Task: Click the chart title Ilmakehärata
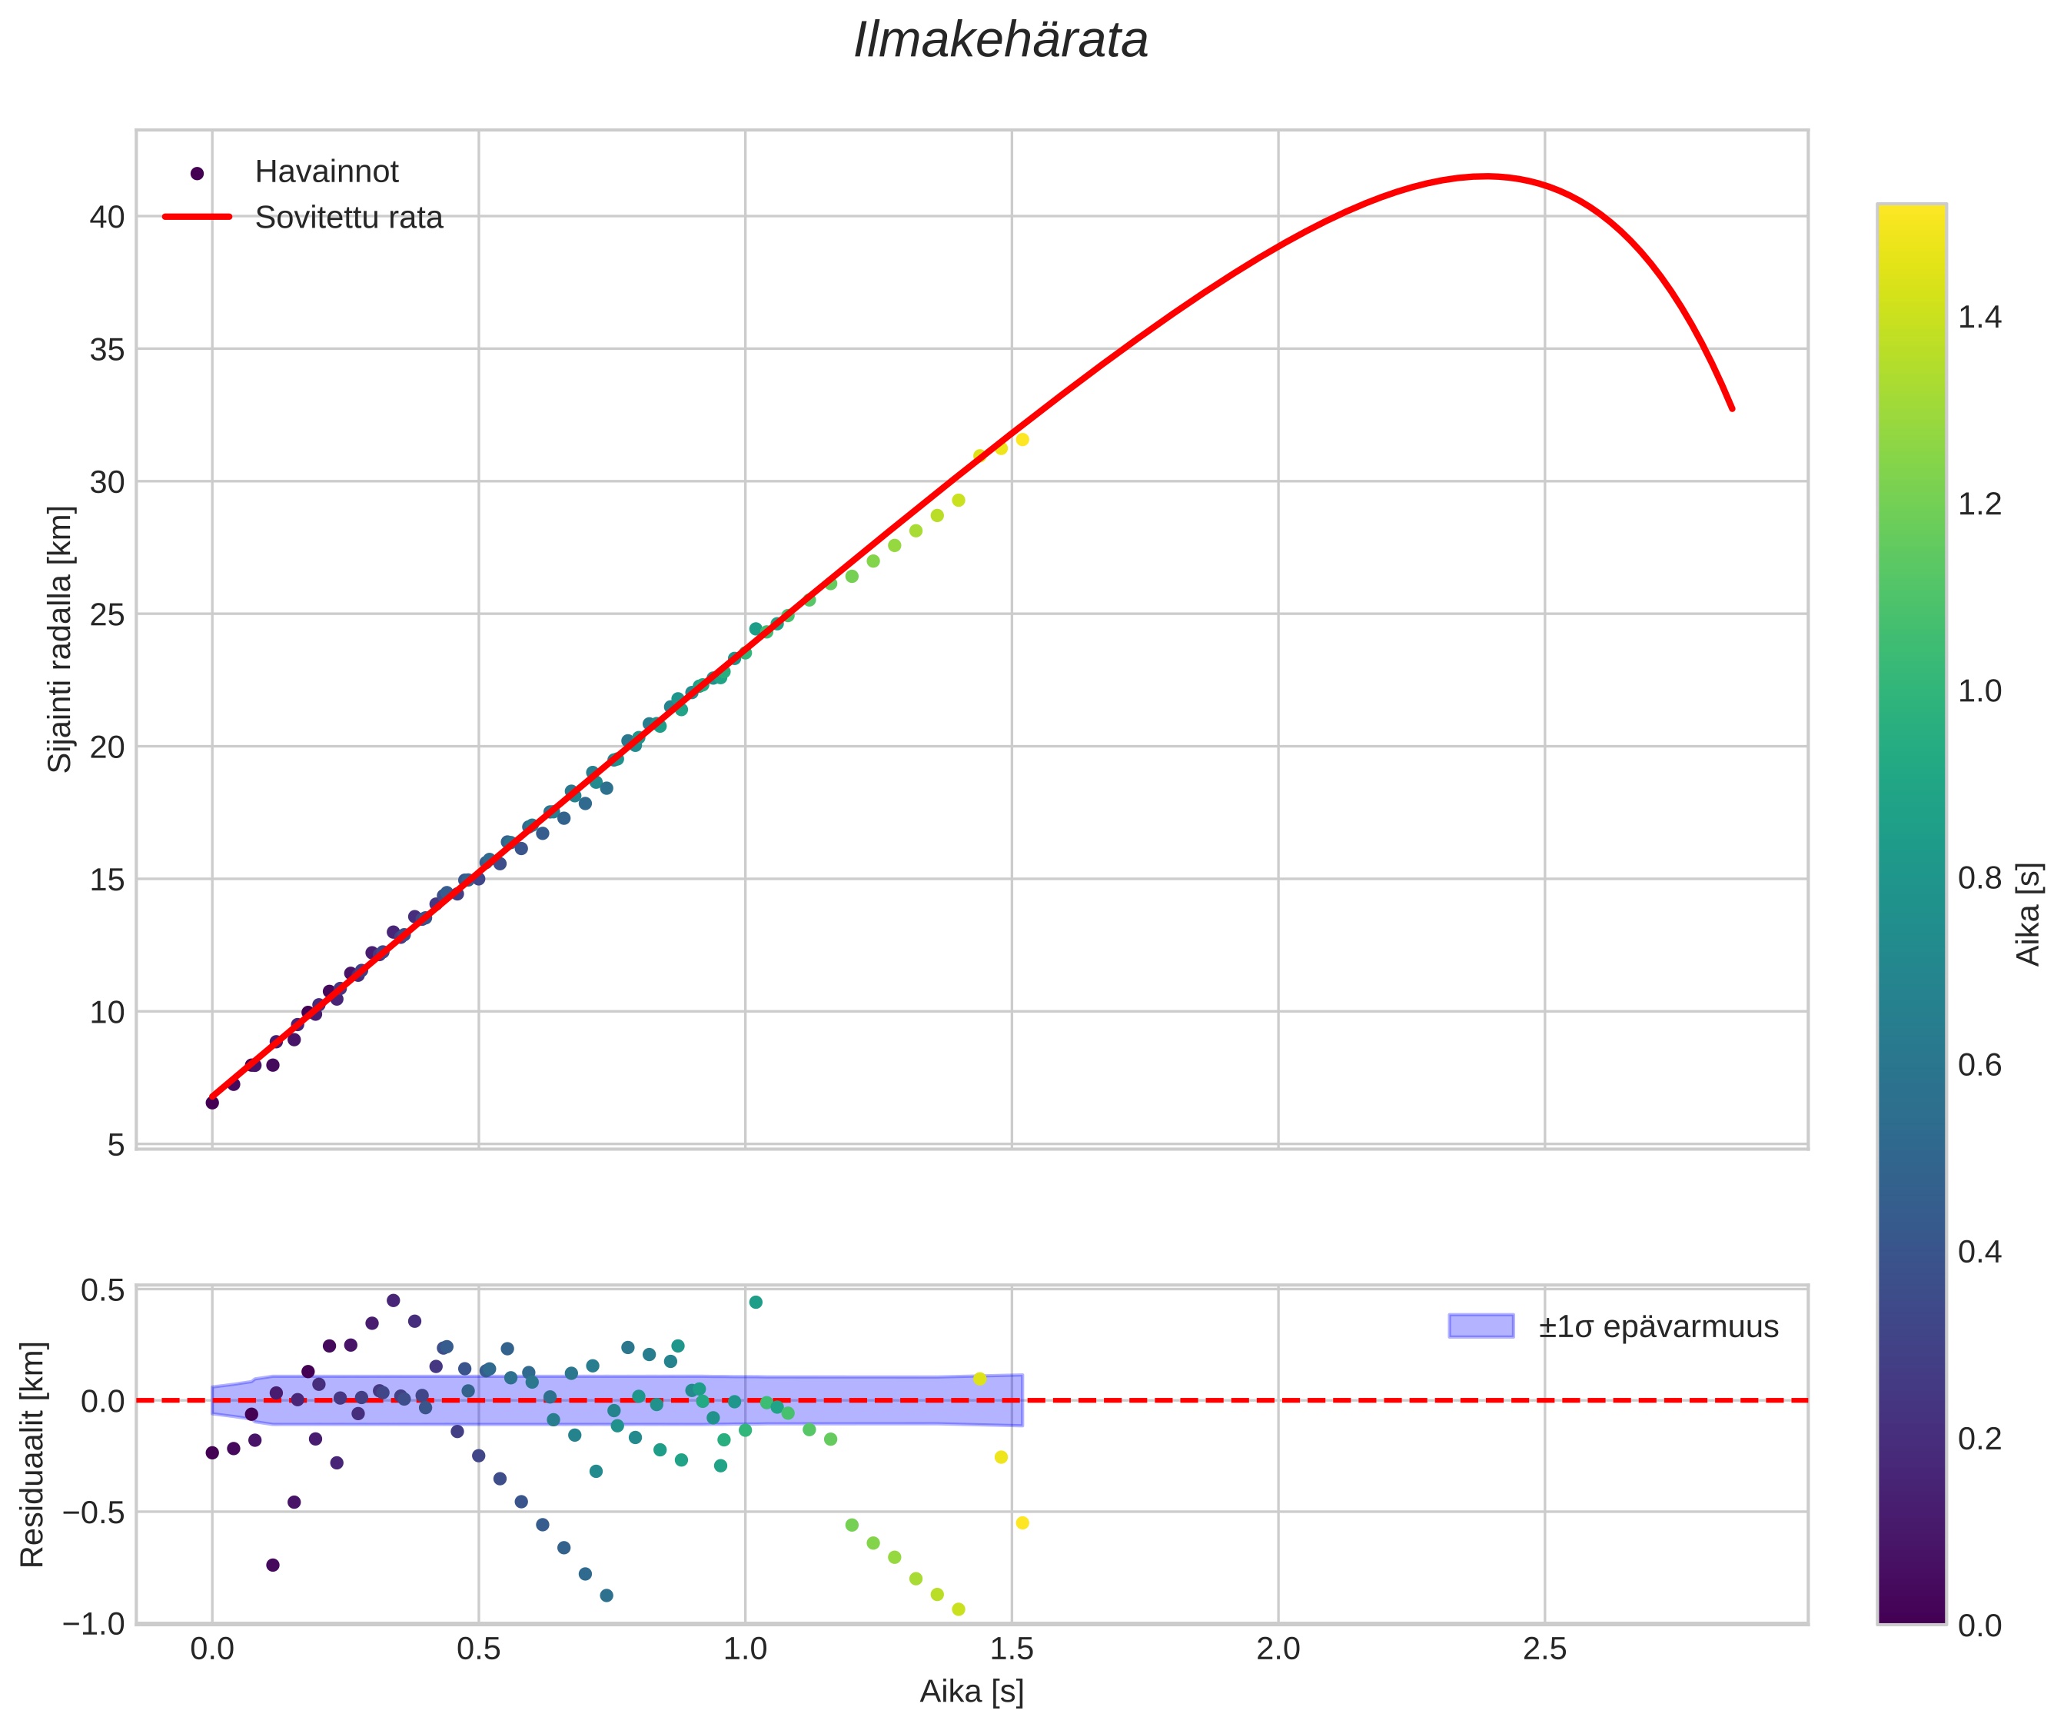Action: point(1001,42)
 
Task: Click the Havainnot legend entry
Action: point(326,172)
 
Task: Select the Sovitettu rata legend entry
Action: point(348,218)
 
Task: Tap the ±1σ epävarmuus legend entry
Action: point(1658,1327)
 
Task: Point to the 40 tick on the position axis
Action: point(108,218)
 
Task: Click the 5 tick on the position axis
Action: point(117,1145)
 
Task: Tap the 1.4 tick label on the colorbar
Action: point(1979,318)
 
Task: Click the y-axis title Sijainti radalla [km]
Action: point(60,639)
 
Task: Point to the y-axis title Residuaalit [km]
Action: point(32,1454)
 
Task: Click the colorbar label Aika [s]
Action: point(2029,914)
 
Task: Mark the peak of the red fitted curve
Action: point(1486,177)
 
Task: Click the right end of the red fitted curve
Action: point(1732,409)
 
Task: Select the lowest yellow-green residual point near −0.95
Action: point(959,1609)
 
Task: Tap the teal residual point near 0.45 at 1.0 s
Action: point(756,1303)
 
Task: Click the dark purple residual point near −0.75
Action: point(273,1565)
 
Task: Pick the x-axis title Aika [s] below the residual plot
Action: point(971,1692)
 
